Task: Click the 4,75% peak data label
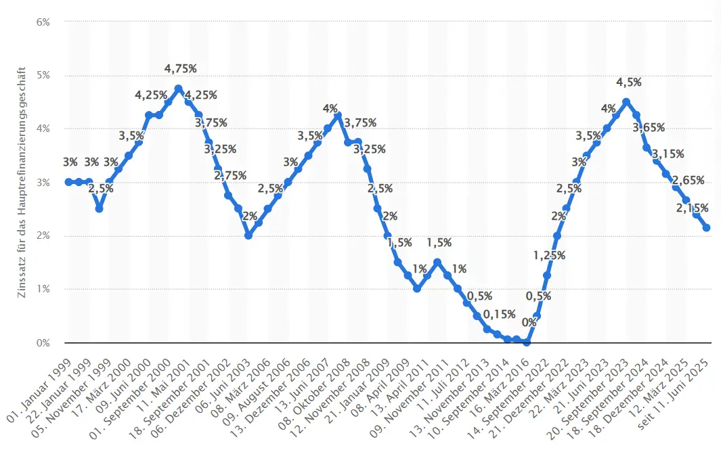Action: [181, 68]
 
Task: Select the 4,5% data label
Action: [629, 83]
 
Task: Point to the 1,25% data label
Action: [548, 256]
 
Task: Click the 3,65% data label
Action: [649, 127]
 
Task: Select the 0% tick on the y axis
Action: [43, 343]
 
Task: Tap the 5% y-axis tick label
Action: [43, 75]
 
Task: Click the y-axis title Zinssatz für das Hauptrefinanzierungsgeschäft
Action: [22, 183]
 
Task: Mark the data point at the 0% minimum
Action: [527, 342]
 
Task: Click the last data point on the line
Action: [706, 228]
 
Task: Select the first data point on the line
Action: [69, 182]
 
